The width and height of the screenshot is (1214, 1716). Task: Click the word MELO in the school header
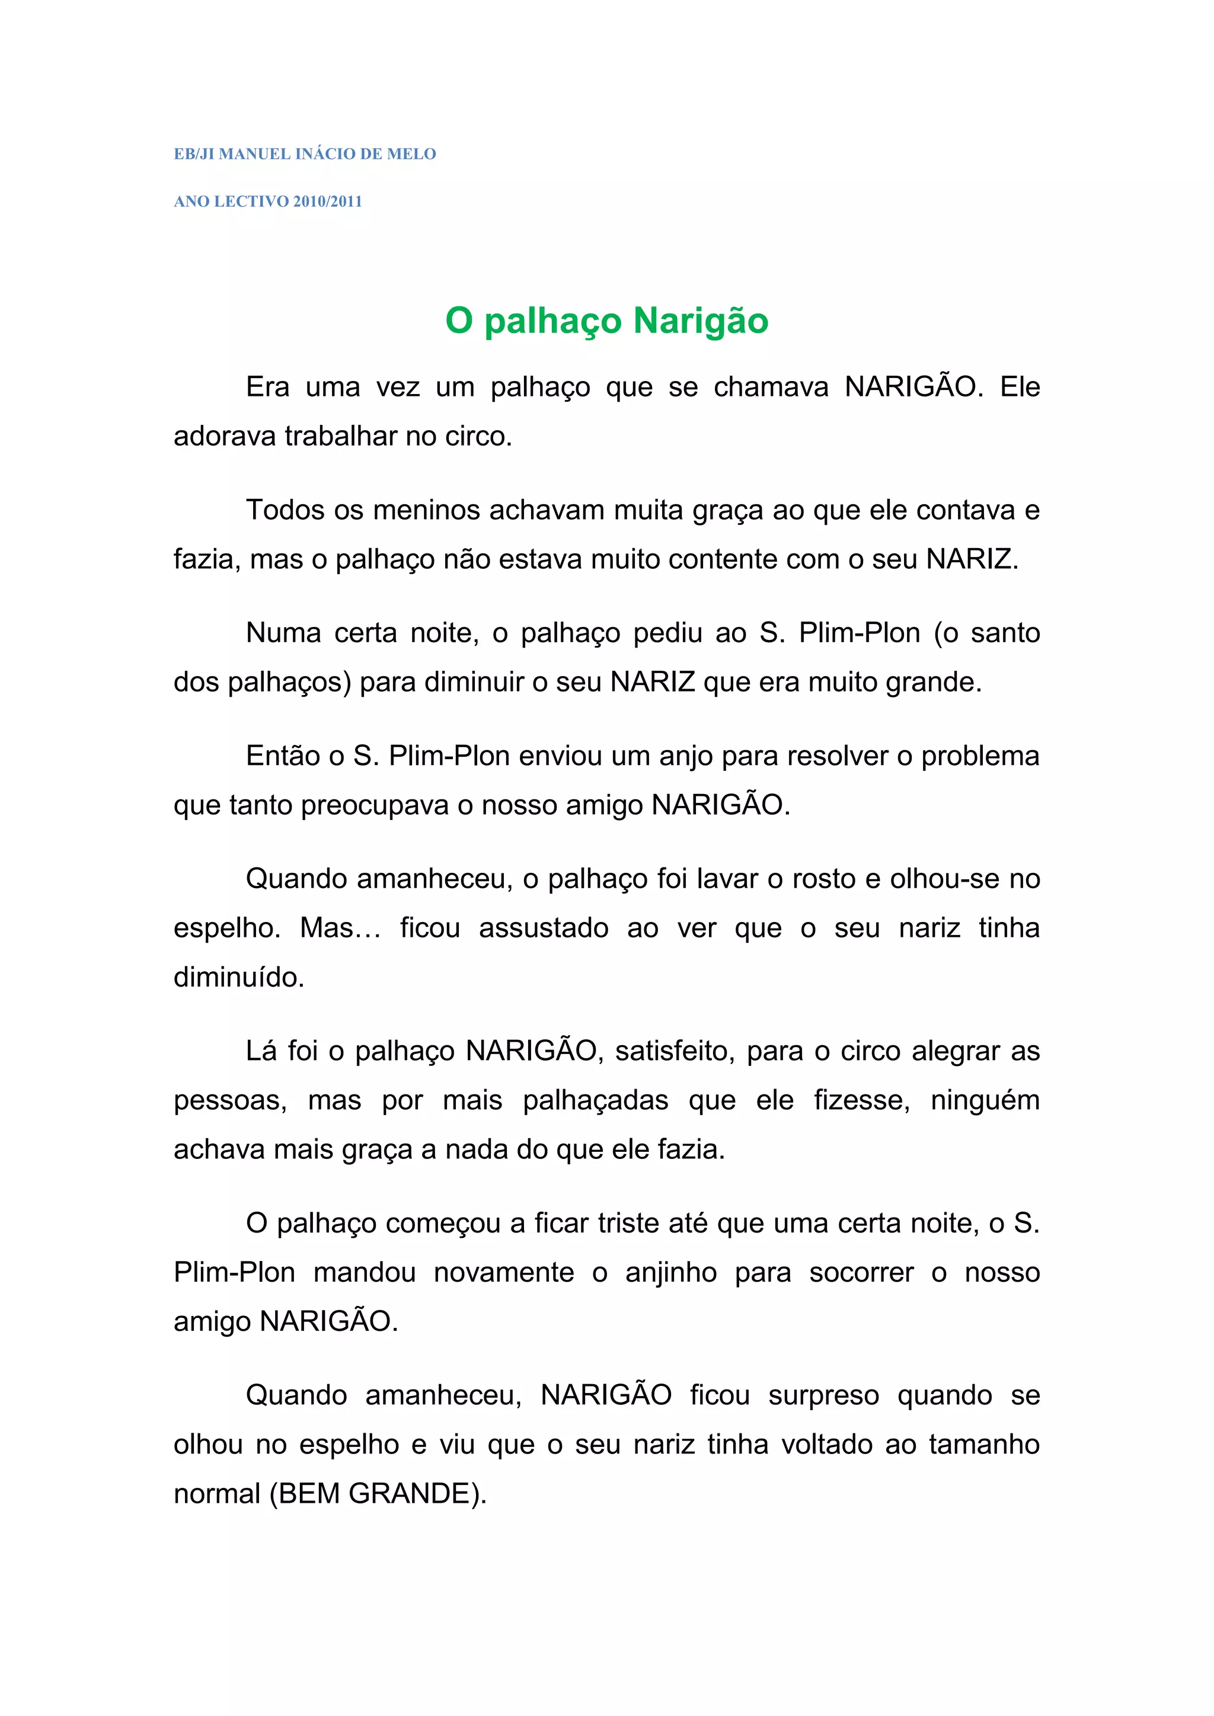[411, 154]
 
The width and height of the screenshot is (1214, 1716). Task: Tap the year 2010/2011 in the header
[327, 202]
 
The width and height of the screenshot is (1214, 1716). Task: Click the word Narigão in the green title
[701, 321]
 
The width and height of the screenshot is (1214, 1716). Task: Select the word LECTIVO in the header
[251, 202]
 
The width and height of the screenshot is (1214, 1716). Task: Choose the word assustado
[544, 929]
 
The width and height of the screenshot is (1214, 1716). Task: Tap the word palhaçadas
[595, 1101]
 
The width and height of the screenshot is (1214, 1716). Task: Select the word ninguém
[985, 1101]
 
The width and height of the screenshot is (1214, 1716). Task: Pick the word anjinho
[670, 1273]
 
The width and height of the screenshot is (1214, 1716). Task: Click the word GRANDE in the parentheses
[410, 1494]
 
